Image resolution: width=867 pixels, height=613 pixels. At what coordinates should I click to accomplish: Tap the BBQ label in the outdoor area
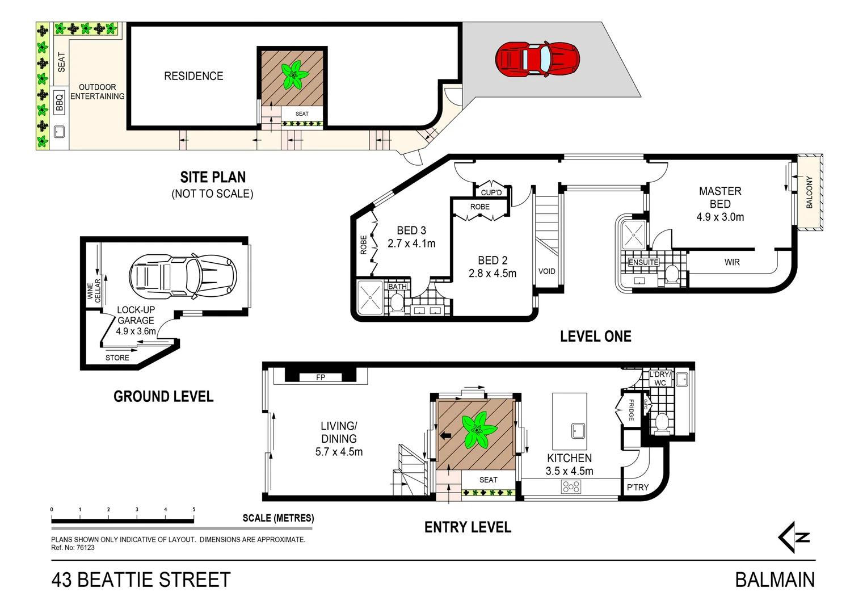pyautogui.click(x=60, y=102)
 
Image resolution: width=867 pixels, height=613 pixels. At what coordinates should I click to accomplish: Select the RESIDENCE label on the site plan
pyautogui.click(x=193, y=76)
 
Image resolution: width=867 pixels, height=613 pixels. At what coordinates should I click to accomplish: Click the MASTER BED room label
pyautogui.click(x=720, y=198)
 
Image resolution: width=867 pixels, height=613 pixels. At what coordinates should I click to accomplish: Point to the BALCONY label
pyautogui.click(x=810, y=192)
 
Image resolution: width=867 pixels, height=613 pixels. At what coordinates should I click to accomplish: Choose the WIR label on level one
pyautogui.click(x=732, y=262)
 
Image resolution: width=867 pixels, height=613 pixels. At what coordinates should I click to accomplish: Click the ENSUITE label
pyautogui.click(x=643, y=262)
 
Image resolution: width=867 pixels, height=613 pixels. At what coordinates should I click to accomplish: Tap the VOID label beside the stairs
pyautogui.click(x=547, y=271)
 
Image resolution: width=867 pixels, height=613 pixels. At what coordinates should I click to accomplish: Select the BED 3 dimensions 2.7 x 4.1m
pyautogui.click(x=411, y=243)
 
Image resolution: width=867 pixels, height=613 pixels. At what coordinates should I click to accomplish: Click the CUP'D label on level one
pyautogui.click(x=491, y=192)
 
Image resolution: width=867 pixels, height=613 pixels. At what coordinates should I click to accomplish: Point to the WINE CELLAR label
pyautogui.click(x=94, y=289)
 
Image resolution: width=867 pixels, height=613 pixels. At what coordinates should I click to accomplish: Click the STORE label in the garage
pyautogui.click(x=117, y=358)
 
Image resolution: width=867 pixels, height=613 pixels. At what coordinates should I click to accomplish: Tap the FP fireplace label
pyautogui.click(x=321, y=377)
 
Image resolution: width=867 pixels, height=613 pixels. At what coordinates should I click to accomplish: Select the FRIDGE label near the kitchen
pyautogui.click(x=631, y=410)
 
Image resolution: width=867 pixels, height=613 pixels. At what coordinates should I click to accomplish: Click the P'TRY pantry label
pyautogui.click(x=638, y=488)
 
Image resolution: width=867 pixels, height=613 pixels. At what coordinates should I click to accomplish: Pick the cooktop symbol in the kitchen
pyautogui.click(x=571, y=486)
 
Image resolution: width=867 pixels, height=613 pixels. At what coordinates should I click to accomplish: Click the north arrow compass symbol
pyautogui.click(x=794, y=537)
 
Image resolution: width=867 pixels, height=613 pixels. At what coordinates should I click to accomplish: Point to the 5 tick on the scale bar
pyautogui.click(x=194, y=510)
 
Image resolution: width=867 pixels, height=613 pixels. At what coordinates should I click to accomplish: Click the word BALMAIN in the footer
pyautogui.click(x=775, y=580)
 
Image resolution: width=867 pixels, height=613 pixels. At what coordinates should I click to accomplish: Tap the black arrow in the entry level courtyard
pyautogui.click(x=445, y=436)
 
